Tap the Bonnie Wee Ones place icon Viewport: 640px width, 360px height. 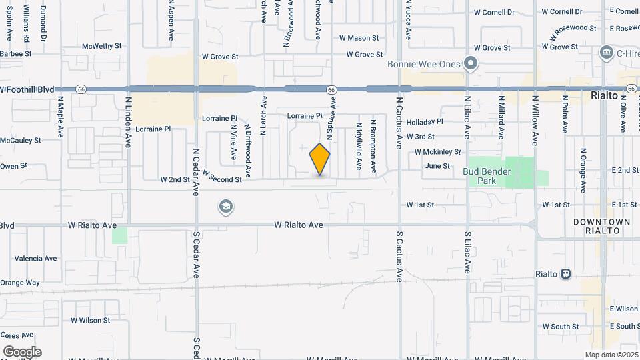(471, 65)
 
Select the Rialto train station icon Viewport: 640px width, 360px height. (565, 274)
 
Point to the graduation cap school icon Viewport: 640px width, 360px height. (226, 207)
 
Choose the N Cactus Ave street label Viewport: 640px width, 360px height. (399, 119)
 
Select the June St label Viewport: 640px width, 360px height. (437, 166)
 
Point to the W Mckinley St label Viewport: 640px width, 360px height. (437, 152)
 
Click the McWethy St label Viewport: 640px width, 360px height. (102, 47)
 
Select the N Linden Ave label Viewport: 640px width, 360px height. (129, 118)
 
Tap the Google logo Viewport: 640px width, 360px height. (22, 352)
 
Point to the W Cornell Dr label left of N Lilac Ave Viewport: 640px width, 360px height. (494, 13)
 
